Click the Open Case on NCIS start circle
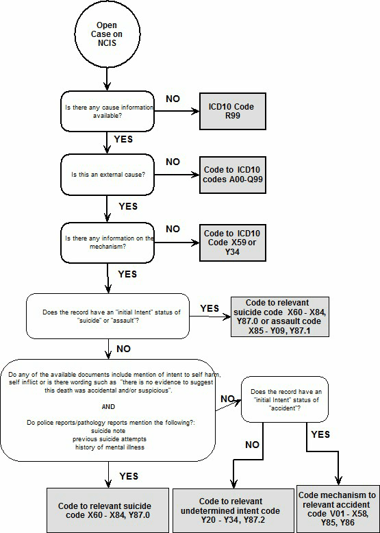[x=106, y=35]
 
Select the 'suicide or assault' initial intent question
[x=107, y=317]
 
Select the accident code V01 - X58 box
[x=338, y=508]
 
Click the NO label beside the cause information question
[x=173, y=99]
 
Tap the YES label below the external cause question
[x=128, y=206]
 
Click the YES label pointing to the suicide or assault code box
[x=210, y=309]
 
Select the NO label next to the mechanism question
[x=173, y=229]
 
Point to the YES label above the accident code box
[x=320, y=434]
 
